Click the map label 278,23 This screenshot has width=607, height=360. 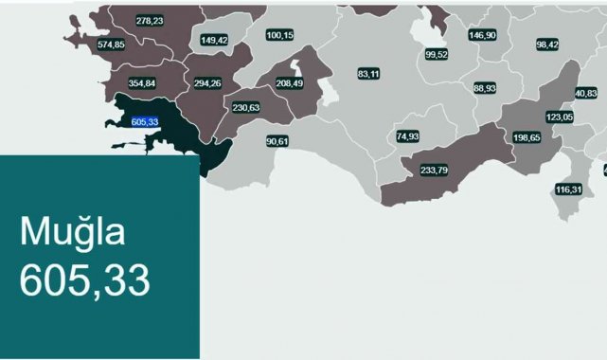tap(150, 20)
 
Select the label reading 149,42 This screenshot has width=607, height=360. tap(214, 40)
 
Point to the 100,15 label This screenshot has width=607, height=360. tap(280, 35)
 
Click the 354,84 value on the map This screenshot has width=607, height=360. tap(142, 82)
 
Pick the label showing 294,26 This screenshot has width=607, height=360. tap(207, 82)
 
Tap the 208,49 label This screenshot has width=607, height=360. tap(290, 83)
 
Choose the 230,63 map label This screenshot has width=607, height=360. tap(245, 107)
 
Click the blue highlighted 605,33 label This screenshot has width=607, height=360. tap(145, 121)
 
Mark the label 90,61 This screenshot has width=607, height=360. tap(277, 141)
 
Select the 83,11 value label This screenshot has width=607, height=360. tap(368, 73)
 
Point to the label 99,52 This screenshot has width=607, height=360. tap(437, 54)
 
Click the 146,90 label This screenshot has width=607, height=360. tap(482, 34)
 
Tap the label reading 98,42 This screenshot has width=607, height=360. tap(547, 45)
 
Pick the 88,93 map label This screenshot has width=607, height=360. tap(485, 88)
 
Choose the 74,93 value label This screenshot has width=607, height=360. tap(408, 136)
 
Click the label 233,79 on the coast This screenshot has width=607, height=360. tap(434, 170)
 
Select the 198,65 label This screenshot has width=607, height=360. tap(527, 137)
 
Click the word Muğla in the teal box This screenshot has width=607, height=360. tap(73, 231)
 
